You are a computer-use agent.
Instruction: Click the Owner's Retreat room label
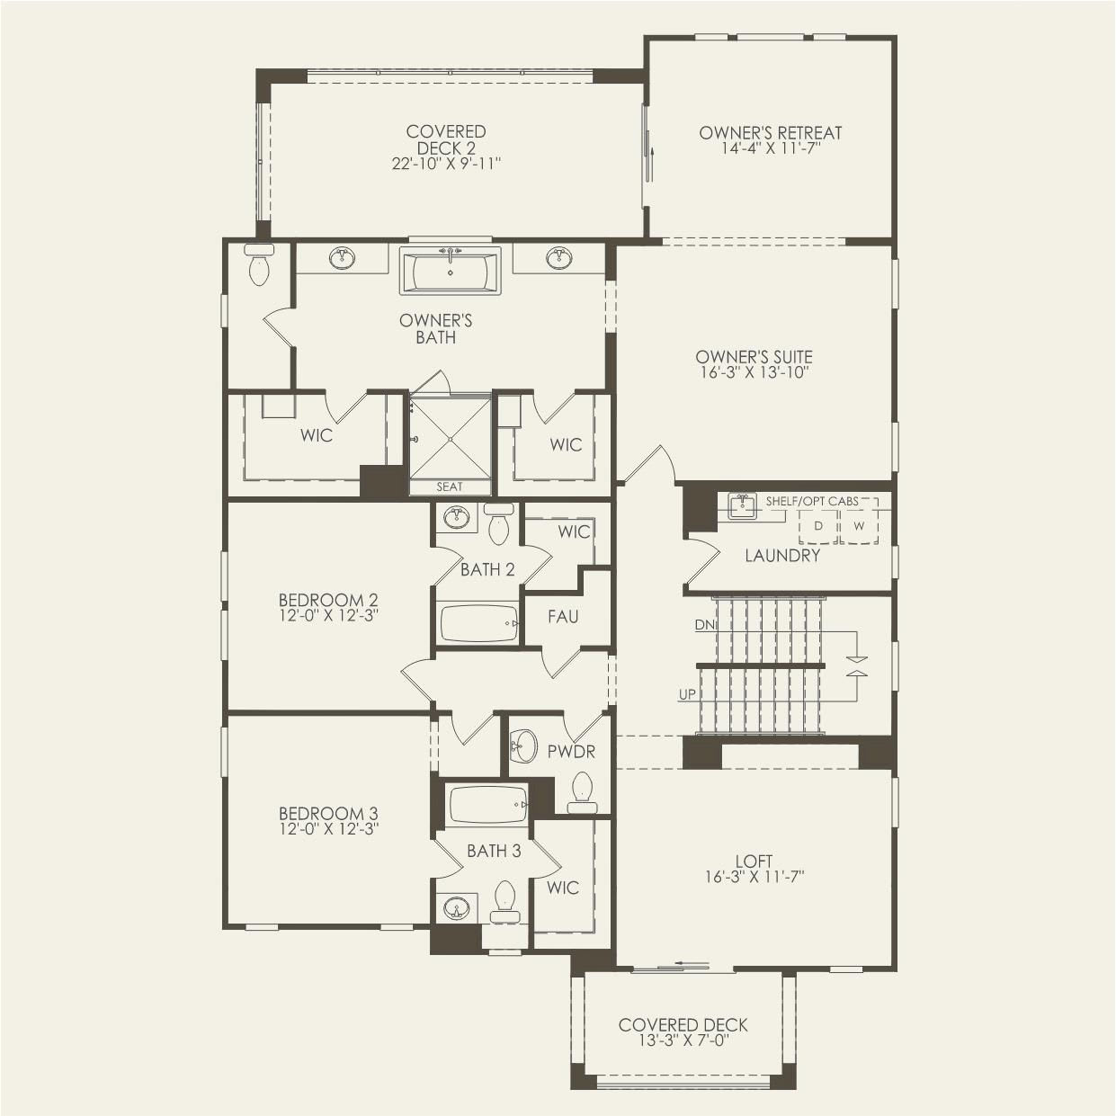coord(771,133)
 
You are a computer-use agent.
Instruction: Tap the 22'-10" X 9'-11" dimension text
coord(446,164)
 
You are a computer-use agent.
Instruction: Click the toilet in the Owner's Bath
coord(259,266)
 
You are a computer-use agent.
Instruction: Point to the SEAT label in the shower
coord(450,487)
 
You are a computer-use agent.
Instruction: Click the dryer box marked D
coord(818,526)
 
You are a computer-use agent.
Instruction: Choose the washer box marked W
coord(859,526)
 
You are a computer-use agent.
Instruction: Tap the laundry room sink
coord(742,506)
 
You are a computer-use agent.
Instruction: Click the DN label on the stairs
coord(704,624)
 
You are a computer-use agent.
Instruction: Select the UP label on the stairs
coord(687,695)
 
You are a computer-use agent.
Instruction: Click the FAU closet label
coord(563,617)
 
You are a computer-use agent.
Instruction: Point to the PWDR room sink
coord(522,745)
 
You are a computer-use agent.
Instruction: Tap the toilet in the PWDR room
coord(582,792)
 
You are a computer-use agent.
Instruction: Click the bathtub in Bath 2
coord(479,622)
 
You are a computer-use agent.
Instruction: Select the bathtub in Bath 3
coord(487,804)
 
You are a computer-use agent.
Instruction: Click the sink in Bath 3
coord(457,908)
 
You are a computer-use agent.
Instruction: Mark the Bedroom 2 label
coord(327,600)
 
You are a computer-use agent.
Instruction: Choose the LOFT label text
coord(754,861)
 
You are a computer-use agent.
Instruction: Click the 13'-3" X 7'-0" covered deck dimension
coord(683,1040)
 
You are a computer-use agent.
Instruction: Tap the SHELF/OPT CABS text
coord(811,501)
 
